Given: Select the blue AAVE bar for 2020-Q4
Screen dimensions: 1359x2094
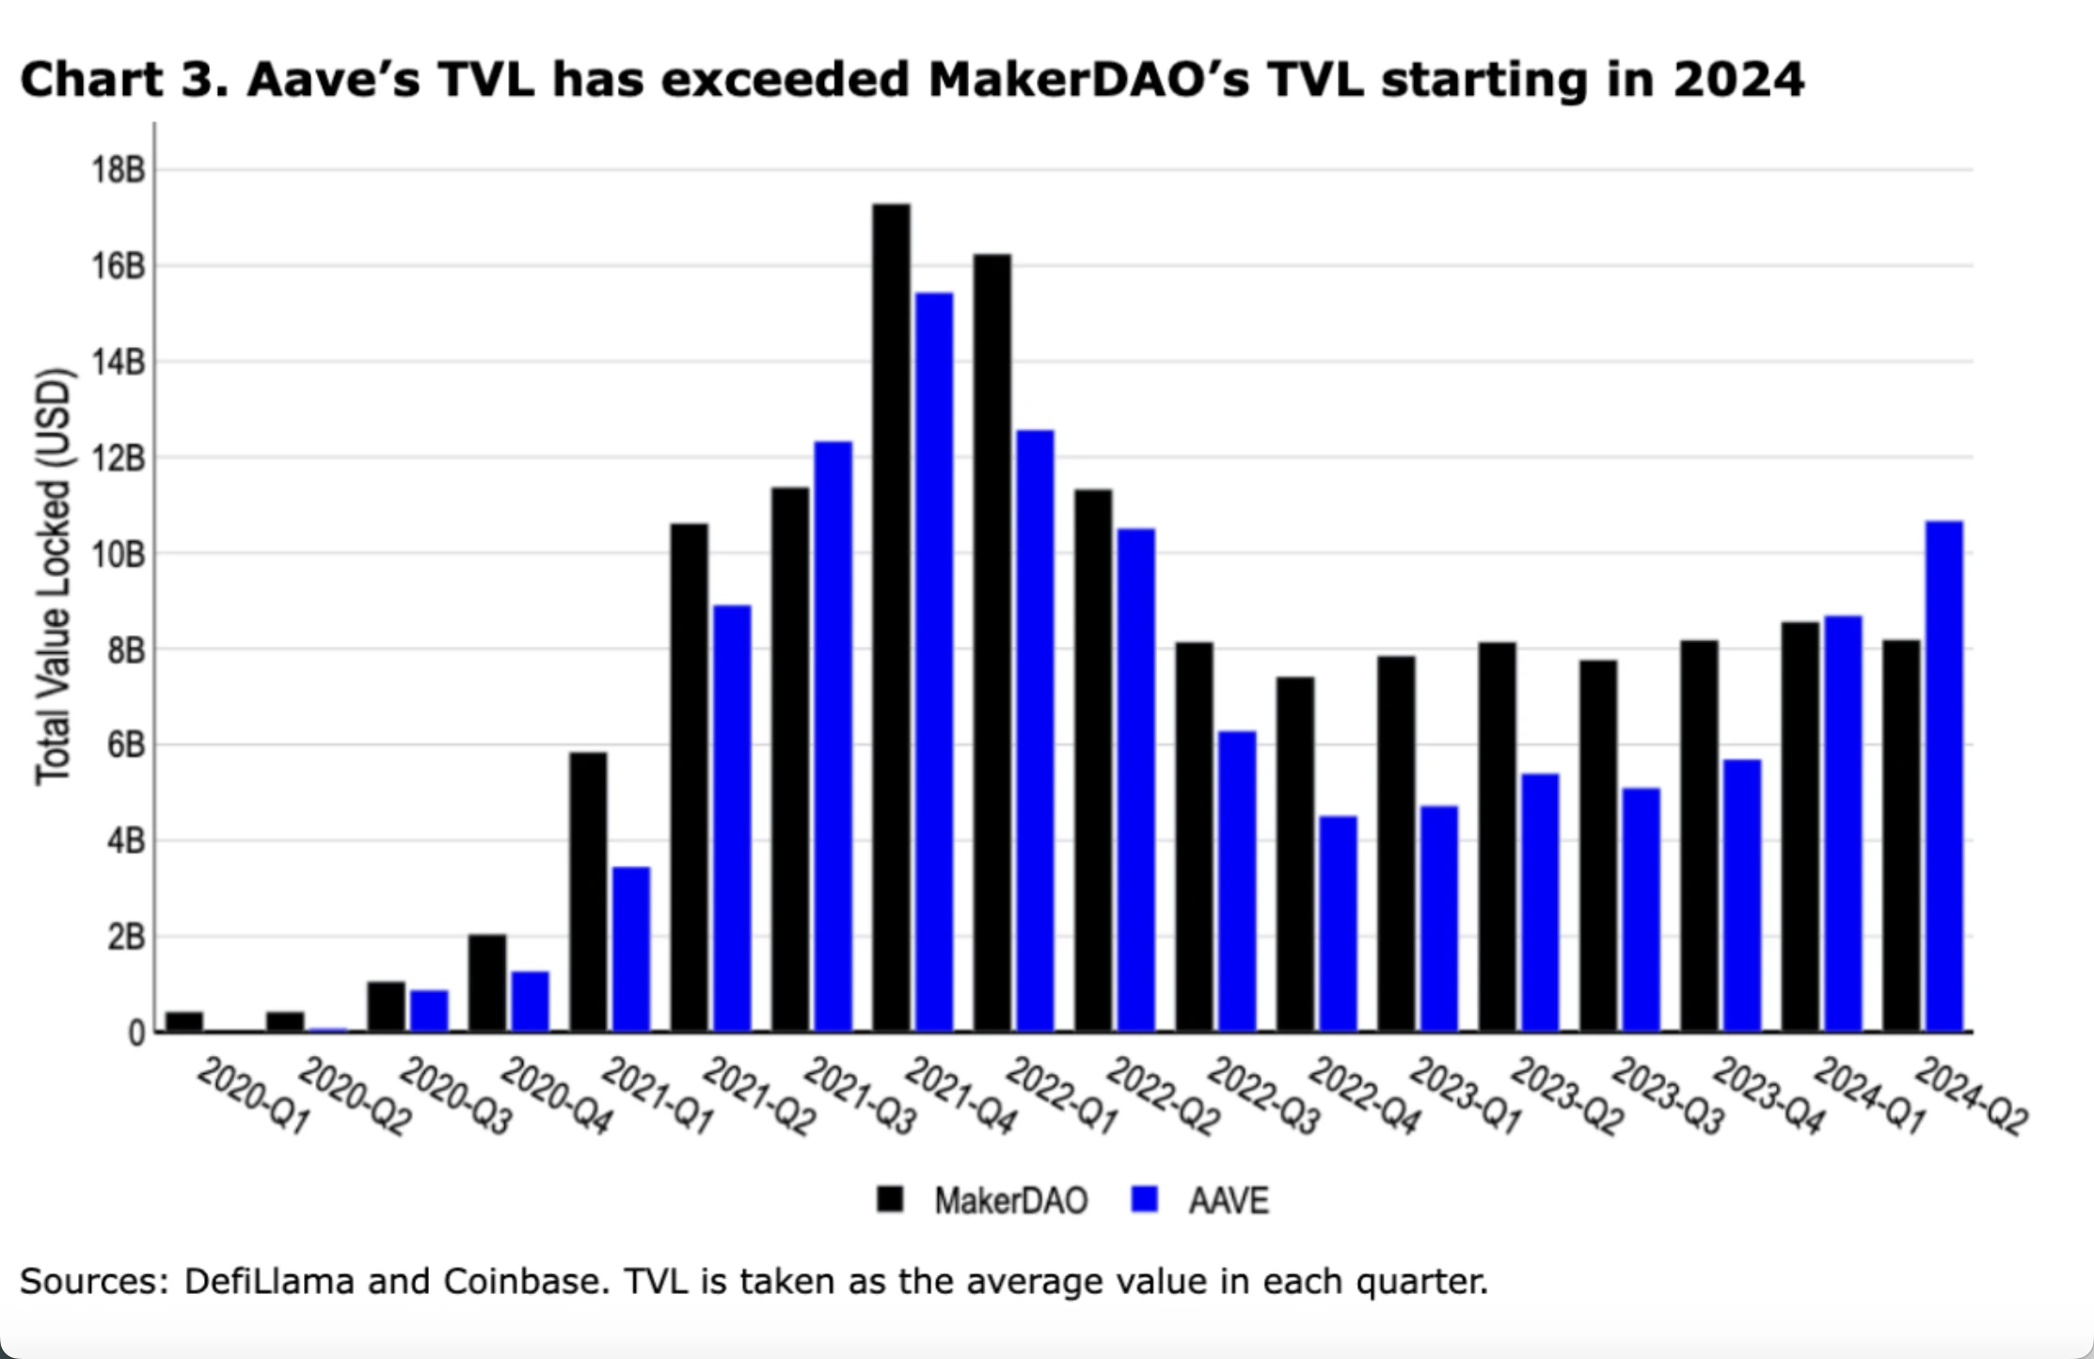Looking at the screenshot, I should point(530,1001).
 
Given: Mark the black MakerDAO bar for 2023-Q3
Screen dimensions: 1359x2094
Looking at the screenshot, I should point(1598,846).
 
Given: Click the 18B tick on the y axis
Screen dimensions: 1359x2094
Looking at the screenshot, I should point(119,170).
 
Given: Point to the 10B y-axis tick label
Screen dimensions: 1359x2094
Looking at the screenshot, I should point(119,553).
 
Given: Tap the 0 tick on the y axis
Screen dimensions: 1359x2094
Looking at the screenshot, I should point(136,1033).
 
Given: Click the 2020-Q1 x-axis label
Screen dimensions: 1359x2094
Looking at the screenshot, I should point(253,1096).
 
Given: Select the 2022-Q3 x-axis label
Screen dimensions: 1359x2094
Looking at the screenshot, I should point(1263,1096).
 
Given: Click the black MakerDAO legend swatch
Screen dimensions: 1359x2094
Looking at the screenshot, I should point(890,1199).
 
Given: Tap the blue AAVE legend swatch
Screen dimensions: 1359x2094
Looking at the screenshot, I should point(1145,1199).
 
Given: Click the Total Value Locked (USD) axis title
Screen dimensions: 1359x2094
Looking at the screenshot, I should point(54,576).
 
